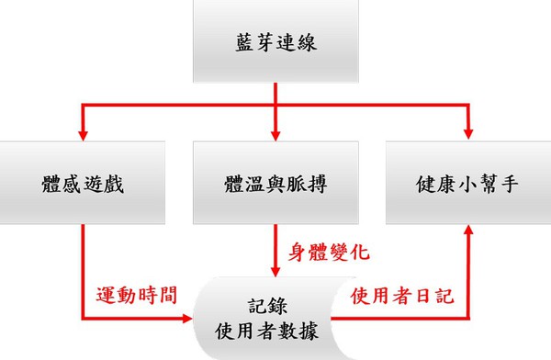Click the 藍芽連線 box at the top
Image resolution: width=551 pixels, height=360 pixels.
pyautogui.click(x=275, y=43)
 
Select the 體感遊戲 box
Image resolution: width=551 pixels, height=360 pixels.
pyautogui.click(x=83, y=182)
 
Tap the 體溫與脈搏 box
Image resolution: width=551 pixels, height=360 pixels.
pyautogui.click(x=275, y=182)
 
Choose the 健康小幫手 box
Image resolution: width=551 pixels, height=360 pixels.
pyautogui.click(x=467, y=182)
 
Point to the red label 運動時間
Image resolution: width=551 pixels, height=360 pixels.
pyautogui.click(x=136, y=296)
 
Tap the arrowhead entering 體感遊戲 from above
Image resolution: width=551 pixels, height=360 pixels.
pyautogui.click(x=83, y=134)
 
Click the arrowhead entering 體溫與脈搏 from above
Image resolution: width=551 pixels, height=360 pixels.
pyautogui.click(x=275, y=134)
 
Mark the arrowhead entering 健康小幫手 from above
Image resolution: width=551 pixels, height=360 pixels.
pyautogui.click(x=468, y=134)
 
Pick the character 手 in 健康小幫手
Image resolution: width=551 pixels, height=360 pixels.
pyautogui.click(x=510, y=182)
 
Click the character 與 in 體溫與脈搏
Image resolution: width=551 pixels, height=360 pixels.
pyautogui.click(x=275, y=182)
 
